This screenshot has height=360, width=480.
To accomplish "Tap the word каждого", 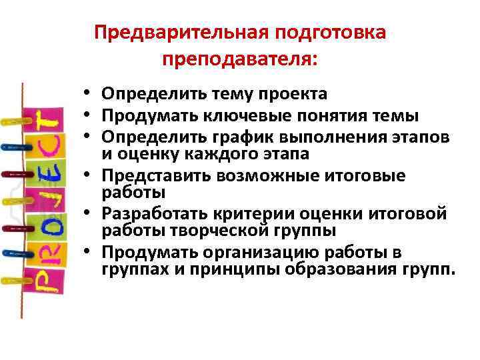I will pos(193,154).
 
